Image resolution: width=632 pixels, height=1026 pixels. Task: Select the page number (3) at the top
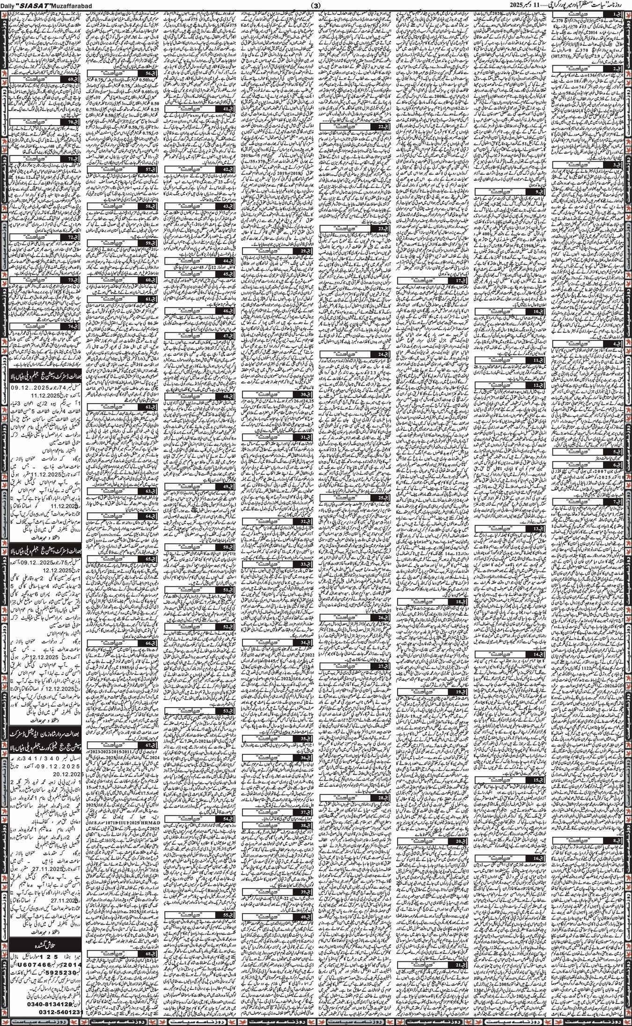pyautogui.click(x=316, y=5)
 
